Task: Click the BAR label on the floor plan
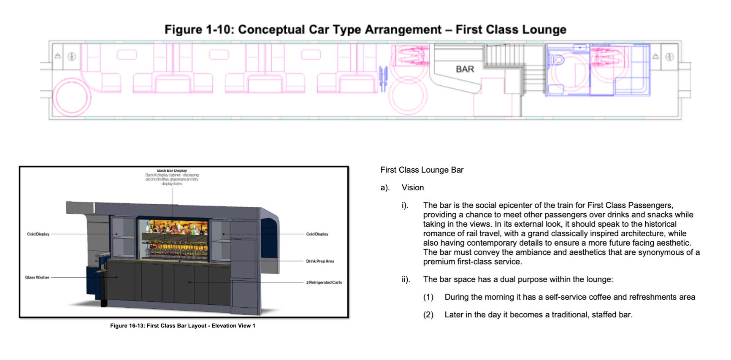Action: click(465, 69)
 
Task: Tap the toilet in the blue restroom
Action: click(558, 60)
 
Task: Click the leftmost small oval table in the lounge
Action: click(127, 54)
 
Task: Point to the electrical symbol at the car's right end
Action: click(669, 57)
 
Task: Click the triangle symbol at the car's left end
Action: click(58, 56)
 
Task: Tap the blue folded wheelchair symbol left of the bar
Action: click(383, 78)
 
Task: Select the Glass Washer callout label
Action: click(37, 277)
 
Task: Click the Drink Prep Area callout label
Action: click(320, 261)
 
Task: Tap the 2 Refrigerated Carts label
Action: click(324, 282)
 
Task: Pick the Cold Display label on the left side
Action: click(38, 234)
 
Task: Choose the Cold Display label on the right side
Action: click(317, 234)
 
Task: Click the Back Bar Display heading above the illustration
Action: click(172, 171)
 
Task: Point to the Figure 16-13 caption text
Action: click(182, 325)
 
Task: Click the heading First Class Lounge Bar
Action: click(422, 170)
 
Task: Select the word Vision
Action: click(412, 187)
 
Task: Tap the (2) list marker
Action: click(428, 314)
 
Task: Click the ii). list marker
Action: click(406, 279)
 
